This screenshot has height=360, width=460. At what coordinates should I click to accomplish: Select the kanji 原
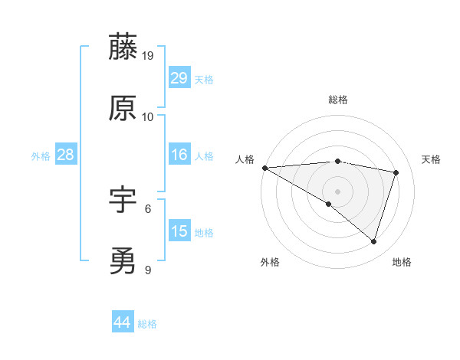pyautogui.click(x=123, y=108)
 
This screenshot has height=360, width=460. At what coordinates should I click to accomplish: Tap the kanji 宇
pyautogui.click(x=123, y=200)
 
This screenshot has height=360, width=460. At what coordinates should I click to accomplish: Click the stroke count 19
pyautogui.click(x=148, y=56)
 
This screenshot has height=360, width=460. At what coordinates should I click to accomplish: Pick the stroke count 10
pyautogui.click(x=148, y=117)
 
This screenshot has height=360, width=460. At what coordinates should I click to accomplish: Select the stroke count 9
pyautogui.click(x=148, y=270)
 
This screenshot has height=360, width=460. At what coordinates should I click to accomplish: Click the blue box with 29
pyautogui.click(x=179, y=78)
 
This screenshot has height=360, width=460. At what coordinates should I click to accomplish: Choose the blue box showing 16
pyautogui.click(x=179, y=155)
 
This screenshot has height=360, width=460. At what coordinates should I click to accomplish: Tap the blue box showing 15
pyautogui.click(x=179, y=231)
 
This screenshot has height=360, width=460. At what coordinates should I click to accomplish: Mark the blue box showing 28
pyautogui.click(x=66, y=155)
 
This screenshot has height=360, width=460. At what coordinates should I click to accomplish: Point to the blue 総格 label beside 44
pyautogui.click(x=147, y=324)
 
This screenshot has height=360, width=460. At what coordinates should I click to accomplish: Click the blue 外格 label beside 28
pyautogui.click(x=41, y=156)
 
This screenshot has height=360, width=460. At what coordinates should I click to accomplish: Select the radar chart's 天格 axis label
pyautogui.click(x=431, y=159)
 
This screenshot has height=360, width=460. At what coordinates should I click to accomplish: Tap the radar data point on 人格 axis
pyautogui.click(x=264, y=167)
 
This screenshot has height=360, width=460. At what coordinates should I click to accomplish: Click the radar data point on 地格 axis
pyautogui.click(x=373, y=241)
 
